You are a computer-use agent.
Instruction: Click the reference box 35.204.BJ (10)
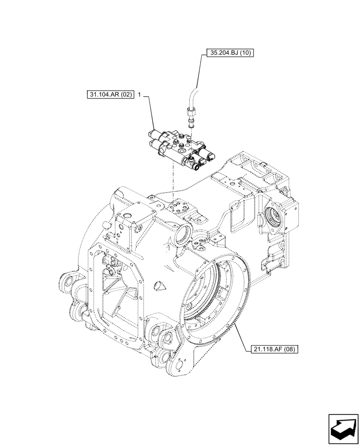point(229,53)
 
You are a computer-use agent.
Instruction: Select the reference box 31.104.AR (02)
point(110,95)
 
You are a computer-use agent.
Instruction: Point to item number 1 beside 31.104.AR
point(140,95)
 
